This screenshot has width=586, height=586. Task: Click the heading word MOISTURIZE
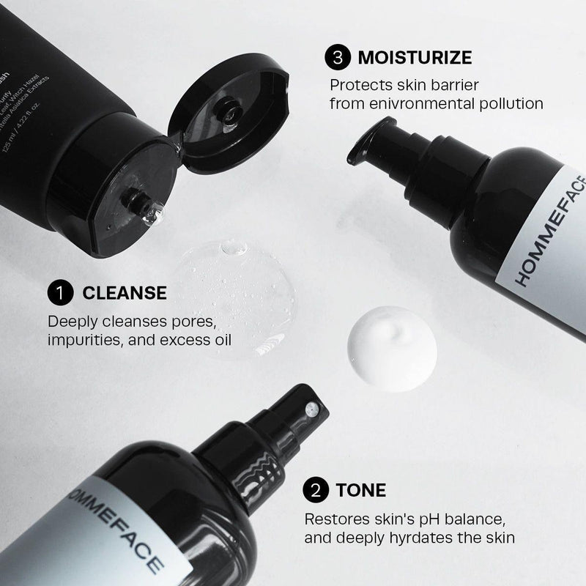click(415, 56)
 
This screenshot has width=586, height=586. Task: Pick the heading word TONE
click(362, 489)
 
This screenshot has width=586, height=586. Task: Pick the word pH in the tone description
click(397, 518)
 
